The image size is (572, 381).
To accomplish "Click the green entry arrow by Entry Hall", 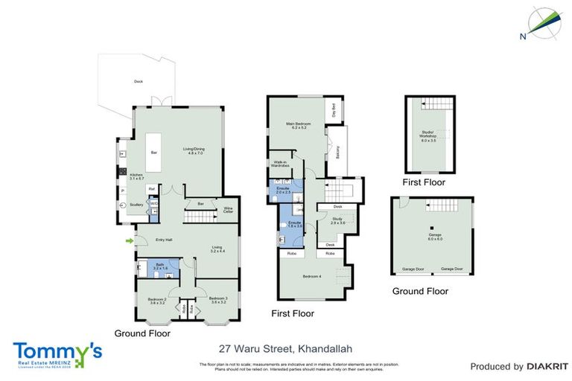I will click(x=130, y=240).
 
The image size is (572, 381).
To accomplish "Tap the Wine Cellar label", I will click(x=228, y=210).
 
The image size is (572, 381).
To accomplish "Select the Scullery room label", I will click(x=136, y=204).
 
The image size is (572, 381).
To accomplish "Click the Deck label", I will click(x=139, y=81).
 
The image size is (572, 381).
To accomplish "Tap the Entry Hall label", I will click(x=164, y=240).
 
